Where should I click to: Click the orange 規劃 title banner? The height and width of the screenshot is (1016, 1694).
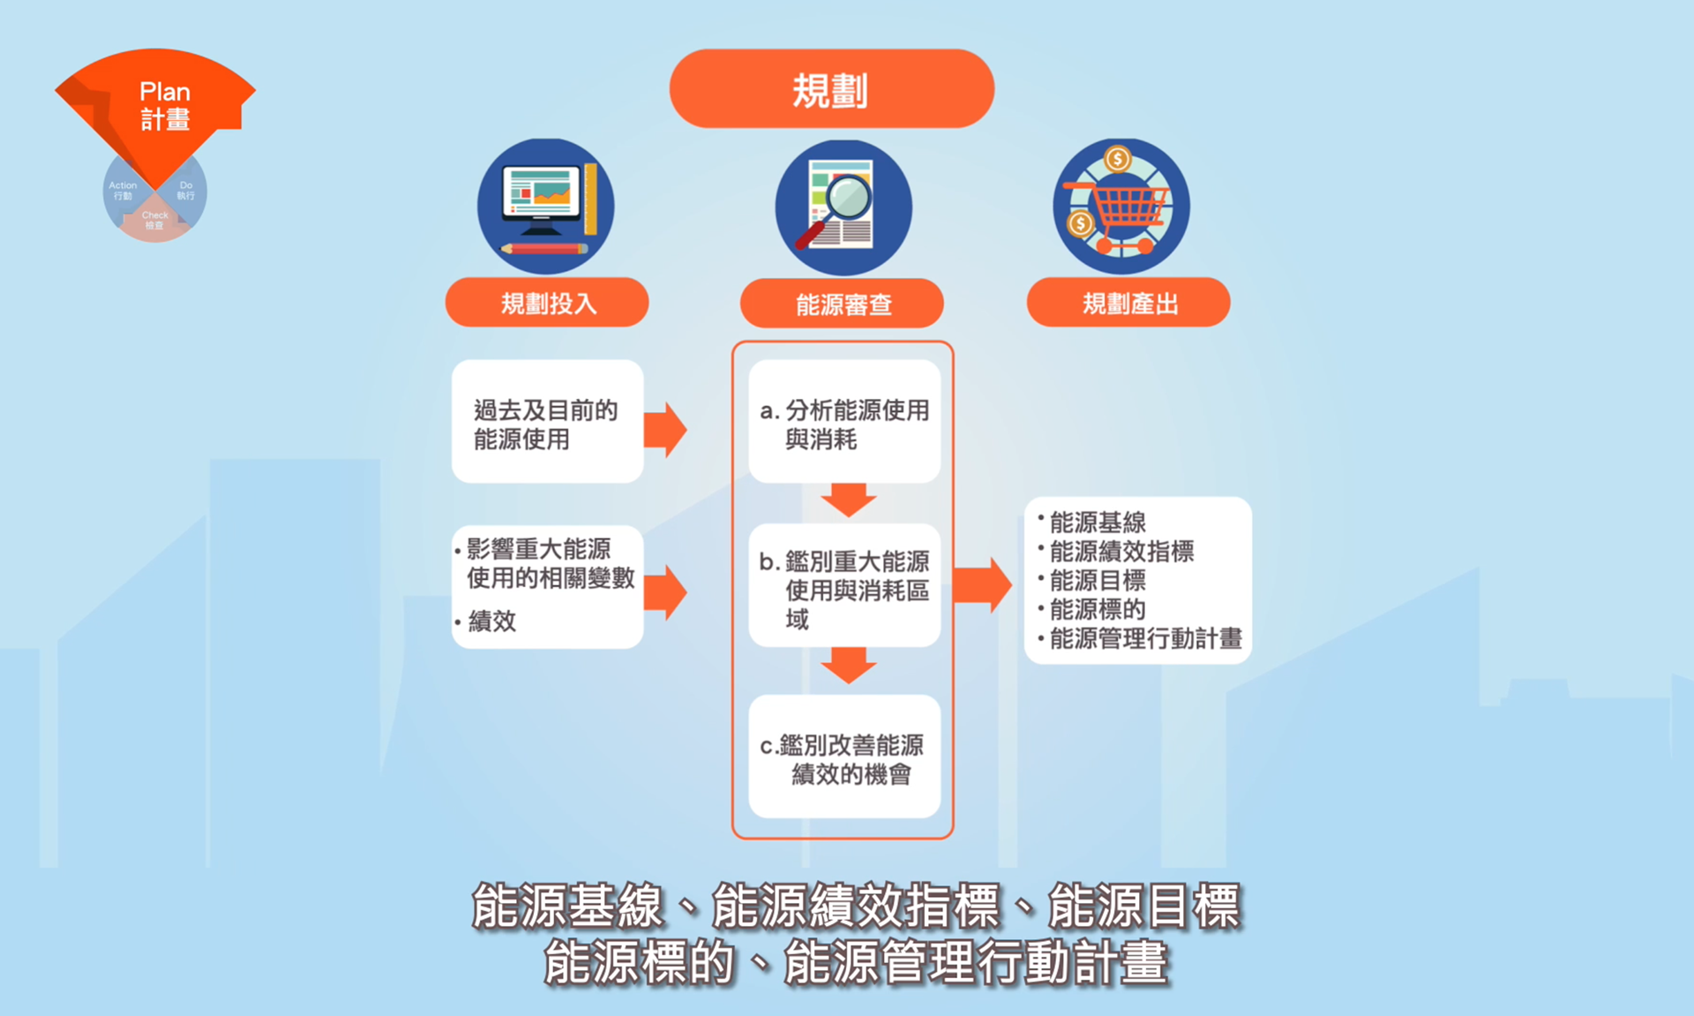pos(831,89)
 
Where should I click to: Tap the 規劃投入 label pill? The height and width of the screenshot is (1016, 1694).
pos(547,303)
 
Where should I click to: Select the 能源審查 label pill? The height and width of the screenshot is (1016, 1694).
pos(842,304)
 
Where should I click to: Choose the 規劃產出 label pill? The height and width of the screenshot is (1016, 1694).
pos(1128,303)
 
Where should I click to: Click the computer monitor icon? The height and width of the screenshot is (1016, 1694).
pos(545,207)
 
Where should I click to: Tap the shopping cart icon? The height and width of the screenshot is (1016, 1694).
pos(1121,207)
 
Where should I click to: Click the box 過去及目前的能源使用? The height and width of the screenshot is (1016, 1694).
pos(547,422)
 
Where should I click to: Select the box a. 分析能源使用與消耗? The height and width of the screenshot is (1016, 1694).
pos(844,422)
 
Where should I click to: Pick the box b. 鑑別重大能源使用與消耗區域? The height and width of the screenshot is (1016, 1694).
pos(844,587)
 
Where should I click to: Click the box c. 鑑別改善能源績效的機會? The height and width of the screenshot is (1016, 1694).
pos(844,757)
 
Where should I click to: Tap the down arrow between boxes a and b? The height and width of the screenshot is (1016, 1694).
pos(848,500)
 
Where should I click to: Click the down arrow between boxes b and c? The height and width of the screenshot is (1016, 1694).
pos(848,665)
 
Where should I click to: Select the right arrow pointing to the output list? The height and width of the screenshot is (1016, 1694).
pos(983,584)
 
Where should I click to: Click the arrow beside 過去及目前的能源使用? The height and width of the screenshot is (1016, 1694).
pos(665,430)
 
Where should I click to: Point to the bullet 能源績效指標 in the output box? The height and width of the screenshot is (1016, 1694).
pos(1121,552)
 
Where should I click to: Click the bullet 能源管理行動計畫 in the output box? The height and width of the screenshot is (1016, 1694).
pos(1145,638)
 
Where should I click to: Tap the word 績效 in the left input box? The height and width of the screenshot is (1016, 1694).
pos(492,621)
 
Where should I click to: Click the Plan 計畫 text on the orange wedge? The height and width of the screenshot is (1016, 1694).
pos(165,105)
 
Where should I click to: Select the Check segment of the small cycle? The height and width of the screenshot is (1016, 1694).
pos(154,220)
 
